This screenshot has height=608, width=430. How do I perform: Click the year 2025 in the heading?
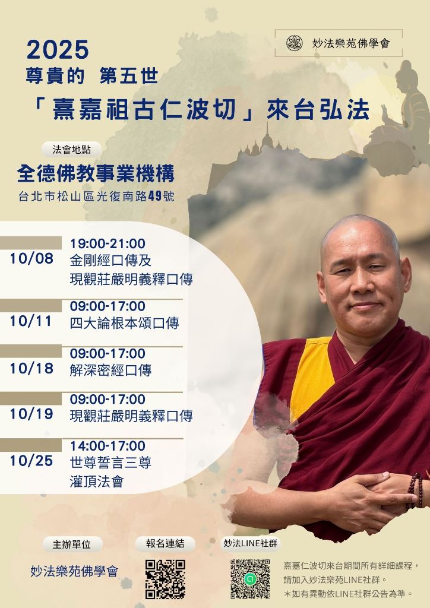[x=58, y=50]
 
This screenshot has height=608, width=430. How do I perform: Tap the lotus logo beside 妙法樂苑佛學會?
[x=295, y=43]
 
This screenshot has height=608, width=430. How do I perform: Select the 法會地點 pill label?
[x=71, y=150]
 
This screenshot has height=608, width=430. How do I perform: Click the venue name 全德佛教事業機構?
[x=96, y=173]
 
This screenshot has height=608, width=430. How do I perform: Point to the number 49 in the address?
[x=154, y=196]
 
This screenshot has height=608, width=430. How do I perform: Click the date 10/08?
[x=31, y=259]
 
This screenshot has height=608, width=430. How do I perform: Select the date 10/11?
[x=31, y=321]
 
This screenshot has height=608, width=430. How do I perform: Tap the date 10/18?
[x=31, y=368]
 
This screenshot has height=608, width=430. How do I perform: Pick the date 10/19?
[x=31, y=414]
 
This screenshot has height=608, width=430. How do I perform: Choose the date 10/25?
[x=31, y=461]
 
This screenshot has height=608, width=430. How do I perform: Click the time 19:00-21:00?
[x=107, y=243]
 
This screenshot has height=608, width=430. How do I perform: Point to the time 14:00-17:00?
[x=107, y=446]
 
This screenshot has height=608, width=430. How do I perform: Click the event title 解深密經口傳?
[x=110, y=370]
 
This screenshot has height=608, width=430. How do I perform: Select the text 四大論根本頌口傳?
[x=125, y=323]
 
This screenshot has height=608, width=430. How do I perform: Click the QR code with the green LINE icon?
[x=250, y=579]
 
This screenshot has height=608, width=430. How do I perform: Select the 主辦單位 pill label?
[x=72, y=544]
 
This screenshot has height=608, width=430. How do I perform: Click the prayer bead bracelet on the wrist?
[x=415, y=490]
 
